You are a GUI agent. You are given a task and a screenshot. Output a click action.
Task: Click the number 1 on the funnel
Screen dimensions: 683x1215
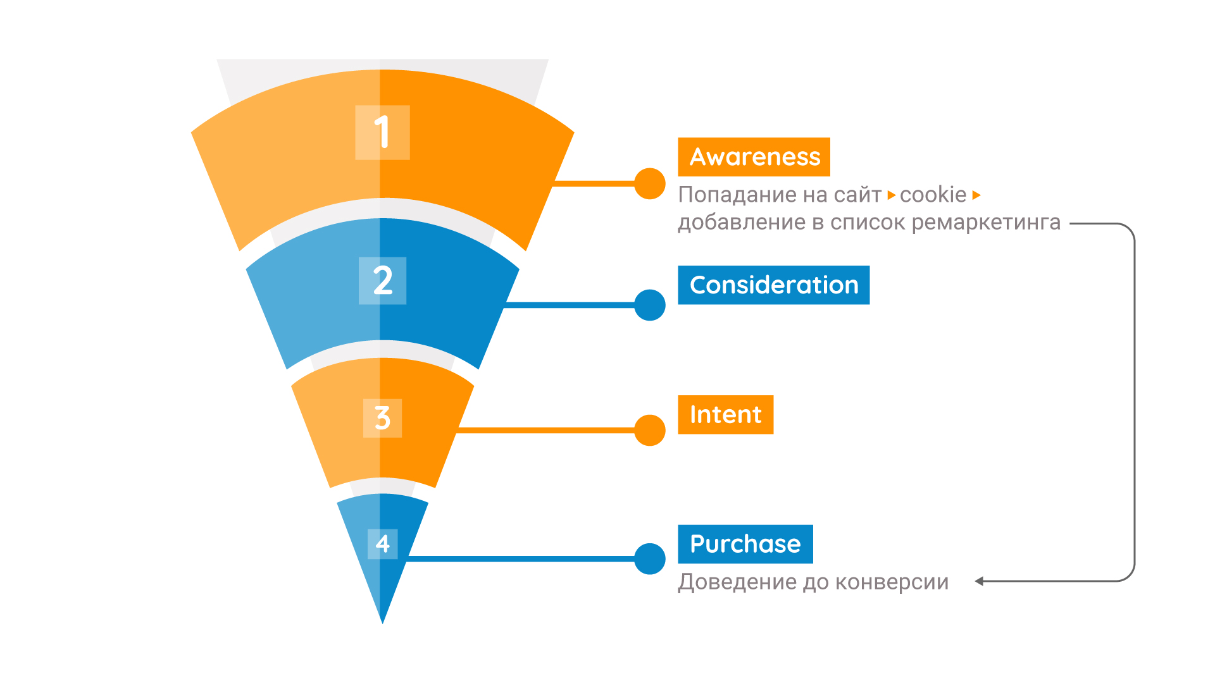click(382, 132)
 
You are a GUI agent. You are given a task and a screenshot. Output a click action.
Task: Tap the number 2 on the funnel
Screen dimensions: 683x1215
click(382, 280)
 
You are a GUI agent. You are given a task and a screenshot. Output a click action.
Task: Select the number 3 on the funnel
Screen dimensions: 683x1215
click(382, 417)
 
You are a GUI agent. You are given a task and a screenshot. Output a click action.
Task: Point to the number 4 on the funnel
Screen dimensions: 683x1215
click(382, 543)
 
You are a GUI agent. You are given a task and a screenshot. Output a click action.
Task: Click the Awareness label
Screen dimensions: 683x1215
click(754, 157)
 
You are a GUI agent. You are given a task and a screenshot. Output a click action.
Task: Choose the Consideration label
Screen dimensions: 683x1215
click(773, 285)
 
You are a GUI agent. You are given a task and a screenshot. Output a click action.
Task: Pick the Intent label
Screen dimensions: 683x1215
click(725, 415)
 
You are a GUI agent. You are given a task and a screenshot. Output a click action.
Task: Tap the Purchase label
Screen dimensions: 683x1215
click(745, 544)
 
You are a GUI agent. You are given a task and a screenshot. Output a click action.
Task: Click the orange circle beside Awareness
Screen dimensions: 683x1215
click(650, 184)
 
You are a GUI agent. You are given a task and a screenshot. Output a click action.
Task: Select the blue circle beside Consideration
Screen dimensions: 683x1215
click(650, 305)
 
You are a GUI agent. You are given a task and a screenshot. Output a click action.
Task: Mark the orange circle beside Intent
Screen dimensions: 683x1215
click(650, 430)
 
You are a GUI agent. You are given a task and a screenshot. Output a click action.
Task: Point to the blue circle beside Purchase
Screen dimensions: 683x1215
click(650, 559)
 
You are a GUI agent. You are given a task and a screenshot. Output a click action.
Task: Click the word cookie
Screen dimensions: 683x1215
click(933, 195)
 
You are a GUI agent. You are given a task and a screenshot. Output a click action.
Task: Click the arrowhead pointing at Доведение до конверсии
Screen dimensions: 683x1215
click(980, 581)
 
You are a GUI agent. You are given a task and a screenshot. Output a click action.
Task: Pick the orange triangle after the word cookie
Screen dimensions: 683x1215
click(976, 195)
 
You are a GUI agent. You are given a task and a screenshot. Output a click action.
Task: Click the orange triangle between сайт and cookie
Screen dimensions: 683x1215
click(891, 195)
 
